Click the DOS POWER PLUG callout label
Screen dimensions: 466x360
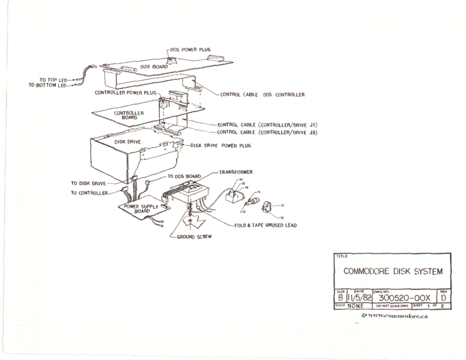click(190, 50)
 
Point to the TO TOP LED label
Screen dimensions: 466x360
click(53, 80)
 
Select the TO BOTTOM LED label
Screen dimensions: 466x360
click(47, 85)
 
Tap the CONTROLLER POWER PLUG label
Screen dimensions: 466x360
click(125, 93)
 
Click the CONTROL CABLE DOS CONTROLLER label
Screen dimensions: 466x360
click(262, 95)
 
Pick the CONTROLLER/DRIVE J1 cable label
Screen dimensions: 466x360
click(267, 125)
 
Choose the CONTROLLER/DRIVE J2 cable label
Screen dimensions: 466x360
click(267, 132)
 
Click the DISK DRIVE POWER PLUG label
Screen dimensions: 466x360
click(220, 145)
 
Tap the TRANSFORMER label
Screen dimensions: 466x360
click(236, 172)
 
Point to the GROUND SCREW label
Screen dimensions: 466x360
click(194, 237)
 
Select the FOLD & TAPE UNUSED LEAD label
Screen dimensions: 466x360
click(266, 225)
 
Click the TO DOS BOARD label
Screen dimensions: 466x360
click(184, 176)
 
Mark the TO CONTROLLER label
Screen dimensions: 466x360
click(89, 193)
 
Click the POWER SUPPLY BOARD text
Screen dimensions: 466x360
click(141, 209)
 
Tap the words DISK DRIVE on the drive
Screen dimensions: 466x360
click(127, 142)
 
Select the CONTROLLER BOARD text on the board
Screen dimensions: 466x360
click(129, 115)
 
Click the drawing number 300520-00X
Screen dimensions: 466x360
click(404, 298)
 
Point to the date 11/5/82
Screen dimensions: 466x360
click(359, 298)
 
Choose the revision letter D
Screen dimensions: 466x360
click(443, 298)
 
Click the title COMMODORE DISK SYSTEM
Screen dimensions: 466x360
click(393, 271)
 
